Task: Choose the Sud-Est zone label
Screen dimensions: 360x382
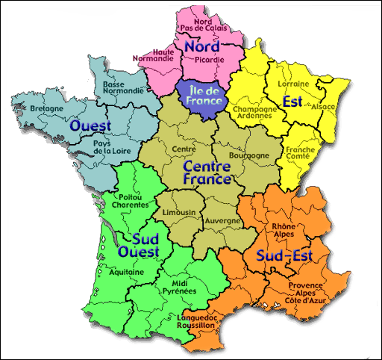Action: pyautogui.click(x=284, y=257)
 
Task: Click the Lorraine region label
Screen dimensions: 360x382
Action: pyautogui.click(x=292, y=84)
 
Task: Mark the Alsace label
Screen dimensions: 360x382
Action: pyautogui.click(x=328, y=107)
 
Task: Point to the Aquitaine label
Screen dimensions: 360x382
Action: pyautogui.click(x=127, y=273)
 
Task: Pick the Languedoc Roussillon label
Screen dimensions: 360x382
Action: pyautogui.click(x=197, y=321)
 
